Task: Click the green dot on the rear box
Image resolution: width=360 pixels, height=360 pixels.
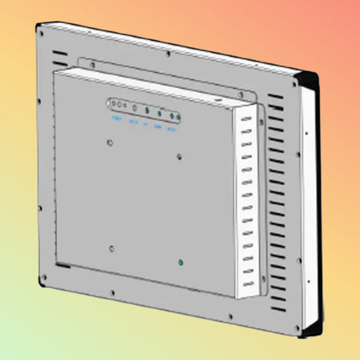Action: [x=180, y=261]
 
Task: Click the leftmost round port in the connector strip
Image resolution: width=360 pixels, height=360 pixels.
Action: [x=114, y=104]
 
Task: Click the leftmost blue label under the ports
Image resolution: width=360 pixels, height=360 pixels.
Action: [x=116, y=120]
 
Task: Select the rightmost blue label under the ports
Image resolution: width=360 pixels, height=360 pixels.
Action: [x=172, y=128]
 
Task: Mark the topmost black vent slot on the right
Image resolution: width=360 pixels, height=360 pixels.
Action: [x=275, y=97]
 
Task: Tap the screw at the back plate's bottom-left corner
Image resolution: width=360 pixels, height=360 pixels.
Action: [x=43, y=278]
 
